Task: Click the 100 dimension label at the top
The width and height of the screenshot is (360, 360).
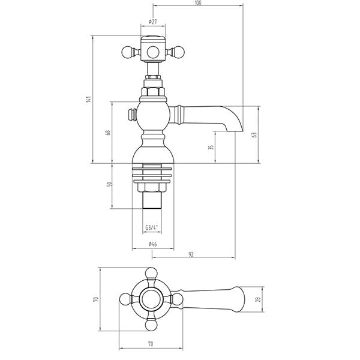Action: (x=197, y=3)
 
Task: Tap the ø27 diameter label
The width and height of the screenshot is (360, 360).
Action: (x=152, y=22)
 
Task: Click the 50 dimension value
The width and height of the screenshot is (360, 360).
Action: (x=109, y=185)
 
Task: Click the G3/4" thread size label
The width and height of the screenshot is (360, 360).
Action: (x=152, y=227)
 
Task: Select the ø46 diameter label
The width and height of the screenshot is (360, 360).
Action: (x=152, y=244)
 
